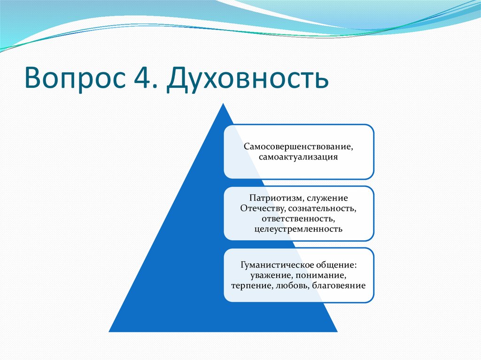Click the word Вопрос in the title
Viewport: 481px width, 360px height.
coord(75,78)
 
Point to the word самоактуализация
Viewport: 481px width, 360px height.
coord(298,157)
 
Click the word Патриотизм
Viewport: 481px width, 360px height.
coord(275,198)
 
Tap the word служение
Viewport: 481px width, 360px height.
coord(327,198)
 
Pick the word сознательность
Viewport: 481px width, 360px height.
coord(322,209)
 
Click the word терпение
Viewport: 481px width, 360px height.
coord(252,286)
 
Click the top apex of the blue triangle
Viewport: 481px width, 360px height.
coord(223,104)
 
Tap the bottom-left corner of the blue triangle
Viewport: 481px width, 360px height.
coord(109,332)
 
